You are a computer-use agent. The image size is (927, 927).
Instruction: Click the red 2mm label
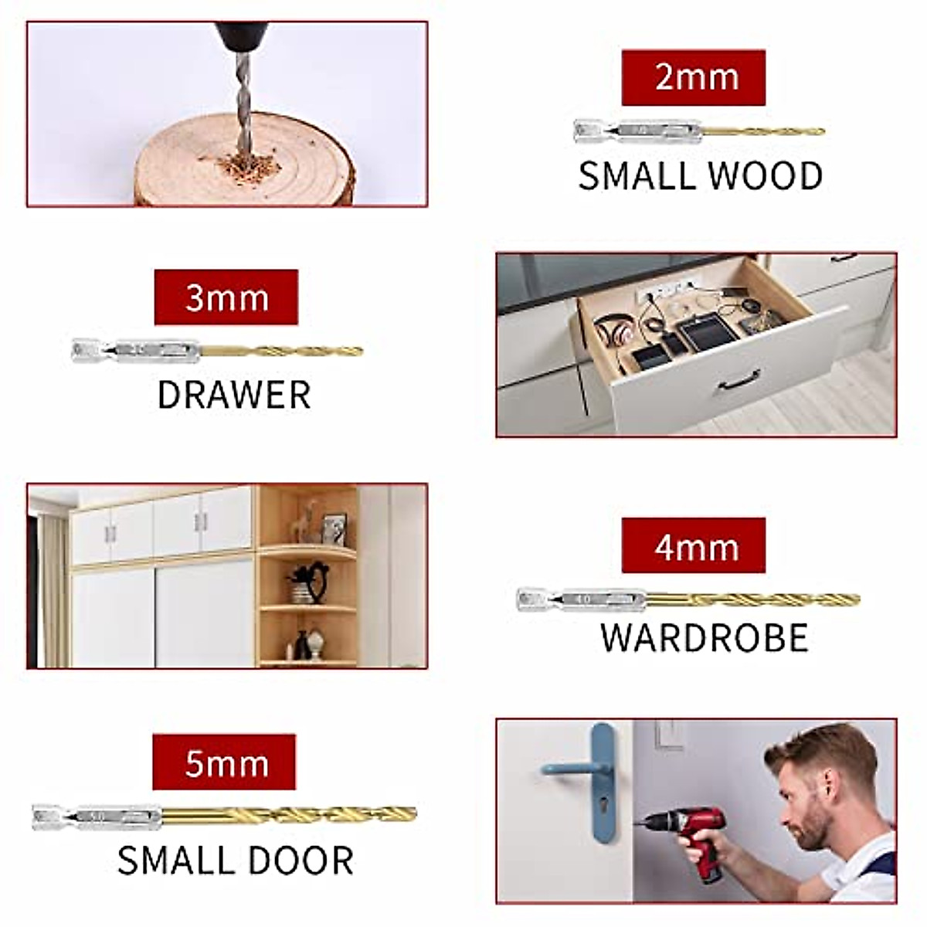pyautogui.click(x=693, y=77)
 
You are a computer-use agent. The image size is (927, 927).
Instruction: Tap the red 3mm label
pyautogui.click(x=226, y=297)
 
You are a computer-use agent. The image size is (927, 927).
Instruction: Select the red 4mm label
pyautogui.click(x=693, y=545)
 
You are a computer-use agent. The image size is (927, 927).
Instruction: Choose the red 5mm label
pyautogui.click(x=224, y=762)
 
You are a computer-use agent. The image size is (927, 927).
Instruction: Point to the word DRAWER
pyautogui.click(x=233, y=395)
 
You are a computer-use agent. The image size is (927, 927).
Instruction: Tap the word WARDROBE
pyautogui.click(x=704, y=638)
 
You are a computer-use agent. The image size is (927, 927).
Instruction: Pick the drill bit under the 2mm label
pyautogui.click(x=698, y=131)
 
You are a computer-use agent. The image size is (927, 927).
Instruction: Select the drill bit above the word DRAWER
pyautogui.click(x=217, y=351)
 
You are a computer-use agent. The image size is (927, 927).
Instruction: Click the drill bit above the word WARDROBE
pyautogui.click(x=688, y=599)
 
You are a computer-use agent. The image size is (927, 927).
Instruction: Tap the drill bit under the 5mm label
pyautogui.click(x=224, y=816)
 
